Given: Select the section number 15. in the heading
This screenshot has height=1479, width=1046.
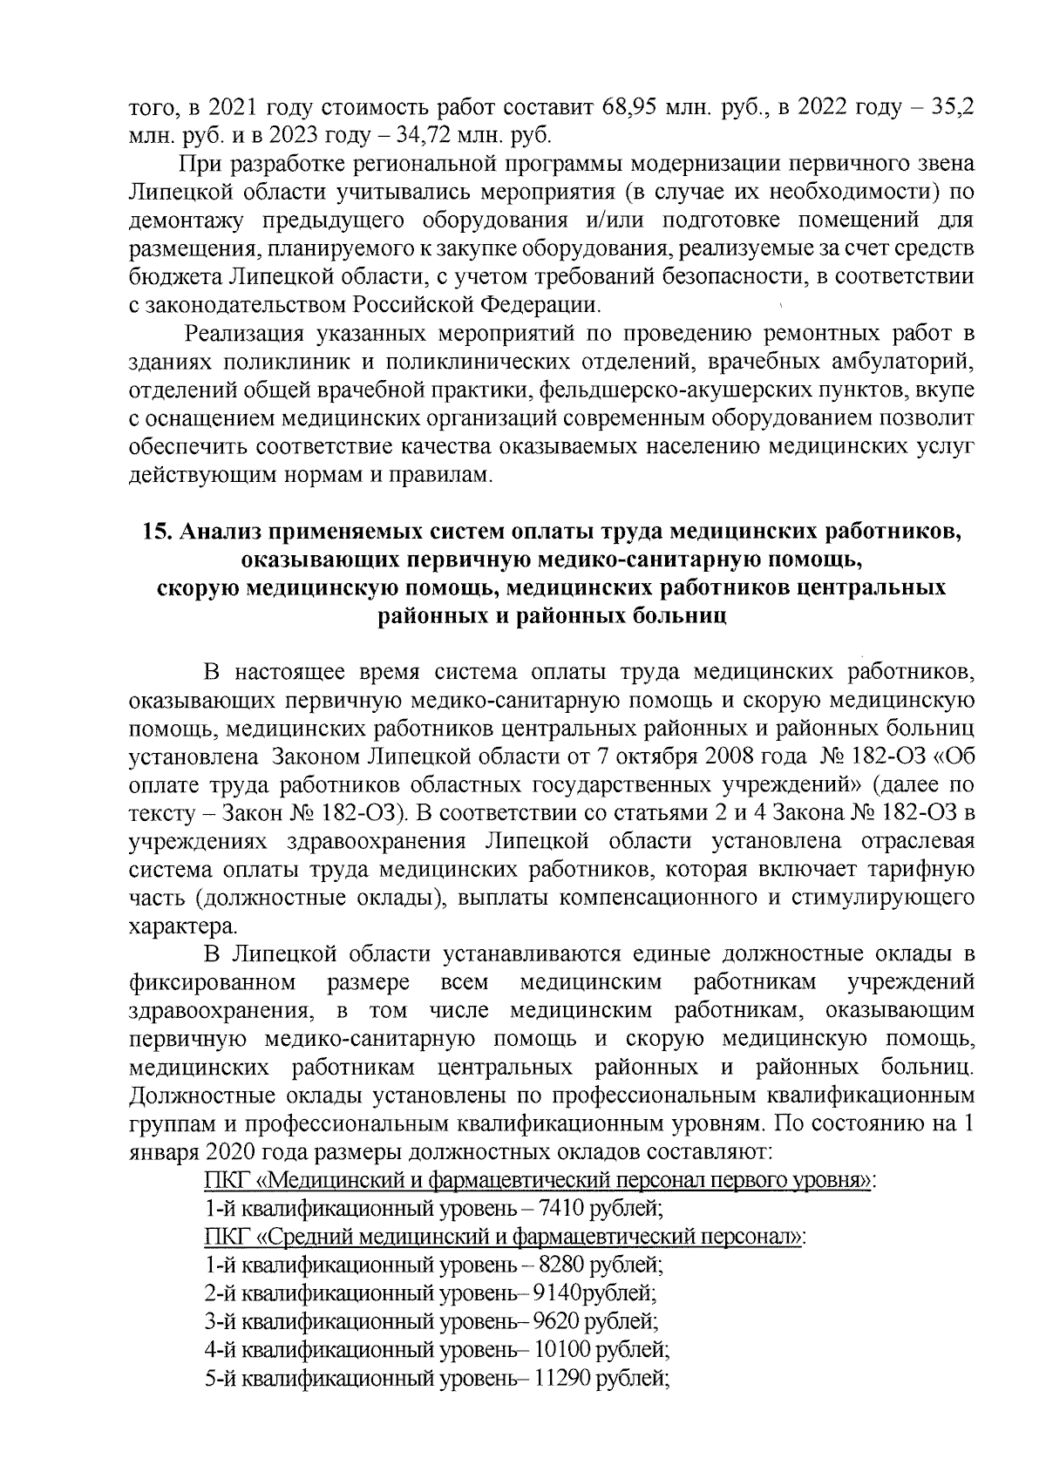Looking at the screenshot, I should click(x=156, y=533).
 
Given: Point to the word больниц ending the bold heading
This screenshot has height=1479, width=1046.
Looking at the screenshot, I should click(x=680, y=616).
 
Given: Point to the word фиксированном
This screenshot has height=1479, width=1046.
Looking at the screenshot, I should click(x=210, y=982).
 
